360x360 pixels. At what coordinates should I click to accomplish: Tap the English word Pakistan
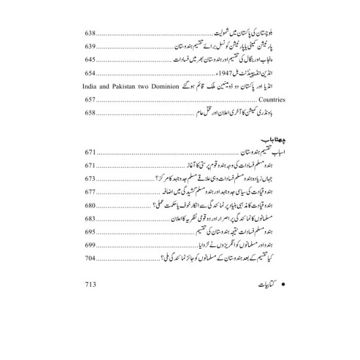(x=130, y=87)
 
